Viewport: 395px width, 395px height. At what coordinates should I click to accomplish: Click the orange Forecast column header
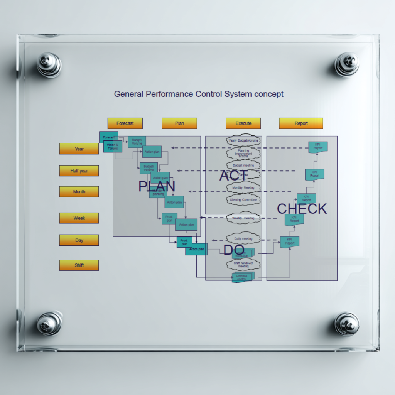(125, 123)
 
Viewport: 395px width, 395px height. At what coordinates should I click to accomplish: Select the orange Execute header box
(243, 123)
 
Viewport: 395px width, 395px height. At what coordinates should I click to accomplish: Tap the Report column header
(301, 123)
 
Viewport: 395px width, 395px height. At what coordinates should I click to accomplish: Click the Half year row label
(79, 171)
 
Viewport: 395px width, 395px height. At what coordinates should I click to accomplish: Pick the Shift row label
(79, 265)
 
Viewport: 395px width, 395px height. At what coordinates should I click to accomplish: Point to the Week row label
(79, 218)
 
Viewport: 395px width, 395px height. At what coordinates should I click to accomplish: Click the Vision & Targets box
(113, 147)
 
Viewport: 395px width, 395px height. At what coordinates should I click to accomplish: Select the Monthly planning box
(158, 193)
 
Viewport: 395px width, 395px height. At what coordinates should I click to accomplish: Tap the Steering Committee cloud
(243, 200)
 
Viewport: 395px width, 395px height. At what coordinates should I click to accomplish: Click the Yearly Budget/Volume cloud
(243, 140)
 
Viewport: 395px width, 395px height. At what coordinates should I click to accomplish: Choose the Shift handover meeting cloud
(243, 265)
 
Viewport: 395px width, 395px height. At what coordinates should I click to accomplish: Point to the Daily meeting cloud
(243, 239)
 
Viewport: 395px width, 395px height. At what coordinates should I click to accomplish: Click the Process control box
(242, 277)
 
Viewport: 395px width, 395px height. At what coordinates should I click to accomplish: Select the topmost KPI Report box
(318, 147)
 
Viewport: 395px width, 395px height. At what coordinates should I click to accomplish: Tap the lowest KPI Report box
(290, 242)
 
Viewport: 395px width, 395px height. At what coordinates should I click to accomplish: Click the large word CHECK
(302, 209)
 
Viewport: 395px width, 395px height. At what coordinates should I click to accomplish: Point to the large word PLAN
(157, 187)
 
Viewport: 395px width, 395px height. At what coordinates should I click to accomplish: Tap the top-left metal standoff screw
(49, 64)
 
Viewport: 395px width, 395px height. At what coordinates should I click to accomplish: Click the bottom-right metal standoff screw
(347, 324)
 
